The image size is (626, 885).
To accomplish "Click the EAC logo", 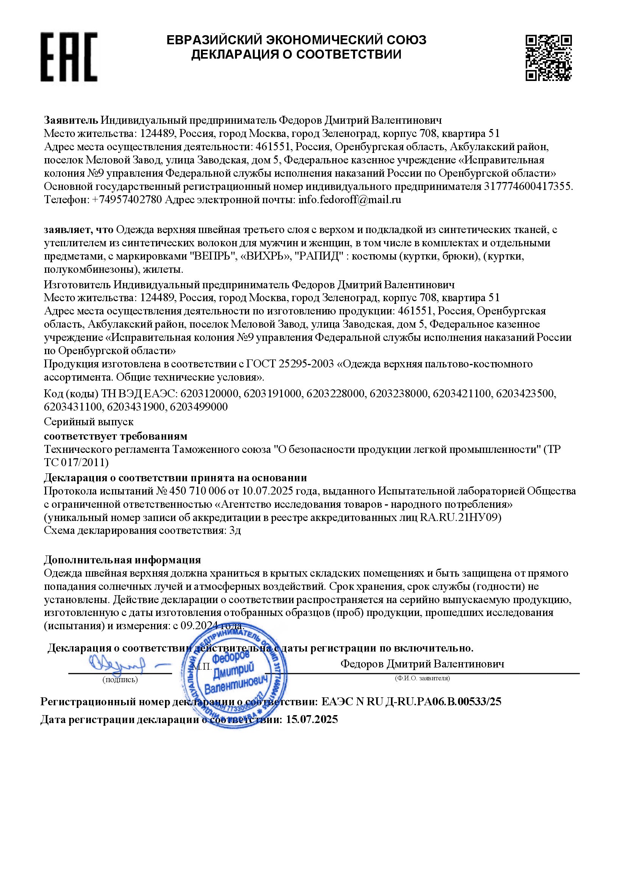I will [69, 57].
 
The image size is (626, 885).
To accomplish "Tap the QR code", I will [548, 58].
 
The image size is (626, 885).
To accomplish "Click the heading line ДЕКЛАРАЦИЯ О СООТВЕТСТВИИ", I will [296, 54].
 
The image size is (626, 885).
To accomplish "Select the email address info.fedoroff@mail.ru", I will [350, 200].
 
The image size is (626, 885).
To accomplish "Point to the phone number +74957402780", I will [127, 200].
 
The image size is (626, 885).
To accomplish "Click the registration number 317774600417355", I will [528, 187].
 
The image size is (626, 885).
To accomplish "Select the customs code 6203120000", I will [209, 394].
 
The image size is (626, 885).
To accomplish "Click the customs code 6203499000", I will [199, 407].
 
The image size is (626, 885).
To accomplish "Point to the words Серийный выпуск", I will [89, 422].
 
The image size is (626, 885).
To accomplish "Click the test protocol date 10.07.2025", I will [266, 491].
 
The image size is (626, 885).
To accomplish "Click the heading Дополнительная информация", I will [122, 560].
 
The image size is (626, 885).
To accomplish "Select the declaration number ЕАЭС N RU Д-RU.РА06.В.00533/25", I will [411, 701].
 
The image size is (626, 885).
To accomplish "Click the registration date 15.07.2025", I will [312, 719].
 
